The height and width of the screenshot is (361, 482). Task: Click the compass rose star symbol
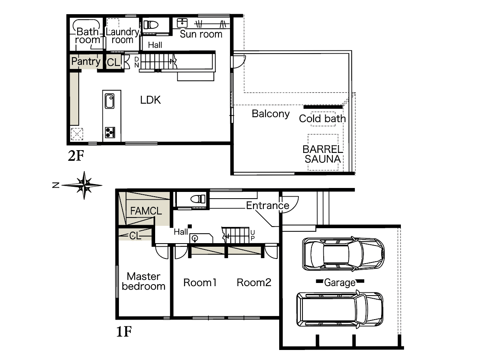pyautogui.click(x=84, y=185)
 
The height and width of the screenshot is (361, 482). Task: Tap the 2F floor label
pyautogui.click(x=76, y=156)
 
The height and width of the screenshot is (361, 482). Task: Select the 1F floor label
pyautogui.click(x=124, y=331)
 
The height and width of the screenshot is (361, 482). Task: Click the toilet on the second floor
pyautogui.click(x=151, y=25)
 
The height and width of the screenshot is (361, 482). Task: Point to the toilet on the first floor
pyautogui.click(x=198, y=199)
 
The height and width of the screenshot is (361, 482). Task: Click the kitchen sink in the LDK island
pyautogui.click(x=109, y=101)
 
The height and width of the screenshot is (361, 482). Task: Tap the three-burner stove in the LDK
pyautogui.click(x=110, y=132)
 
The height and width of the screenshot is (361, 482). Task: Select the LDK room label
pyautogui.click(x=150, y=100)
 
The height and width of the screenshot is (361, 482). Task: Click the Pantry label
pyautogui.click(x=86, y=61)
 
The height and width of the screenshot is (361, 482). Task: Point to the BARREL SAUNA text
pyautogui.click(x=323, y=154)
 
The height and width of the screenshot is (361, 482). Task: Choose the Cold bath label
pyautogui.click(x=323, y=119)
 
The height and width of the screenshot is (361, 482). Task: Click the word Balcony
pyautogui.click(x=271, y=114)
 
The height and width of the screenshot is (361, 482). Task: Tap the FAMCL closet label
pyautogui.click(x=146, y=211)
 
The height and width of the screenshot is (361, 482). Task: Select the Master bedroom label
pyautogui.click(x=144, y=281)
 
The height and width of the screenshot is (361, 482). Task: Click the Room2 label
pyautogui.click(x=254, y=283)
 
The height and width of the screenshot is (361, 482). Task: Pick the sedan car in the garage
pyautogui.click(x=343, y=253)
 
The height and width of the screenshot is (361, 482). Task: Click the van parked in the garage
pyautogui.click(x=340, y=309)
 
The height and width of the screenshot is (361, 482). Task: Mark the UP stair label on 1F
pyautogui.click(x=252, y=235)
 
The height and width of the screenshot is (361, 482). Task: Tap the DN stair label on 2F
pyautogui.click(x=137, y=62)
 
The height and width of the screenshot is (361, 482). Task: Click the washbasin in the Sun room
pyautogui.click(x=182, y=23)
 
